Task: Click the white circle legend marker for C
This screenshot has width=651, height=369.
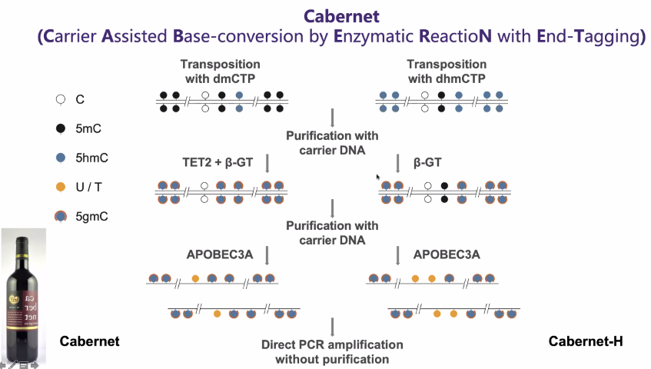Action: pyautogui.click(x=61, y=99)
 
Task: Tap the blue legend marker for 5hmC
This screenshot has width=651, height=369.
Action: pyautogui.click(x=61, y=158)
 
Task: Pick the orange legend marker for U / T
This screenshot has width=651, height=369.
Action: pyautogui.click(x=61, y=187)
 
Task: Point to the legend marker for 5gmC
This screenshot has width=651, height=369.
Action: pyautogui.click(x=61, y=217)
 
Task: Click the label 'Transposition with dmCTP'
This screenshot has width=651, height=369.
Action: pyautogui.click(x=221, y=71)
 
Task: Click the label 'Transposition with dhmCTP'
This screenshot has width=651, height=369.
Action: pyautogui.click(x=447, y=71)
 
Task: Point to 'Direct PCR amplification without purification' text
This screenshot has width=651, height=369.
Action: pyautogui.click(x=331, y=351)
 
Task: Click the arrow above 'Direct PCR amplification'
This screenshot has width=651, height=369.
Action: pyautogui.click(x=331, y=326)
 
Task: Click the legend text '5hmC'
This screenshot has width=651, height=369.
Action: pyautogui.click(x=91, y=158)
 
